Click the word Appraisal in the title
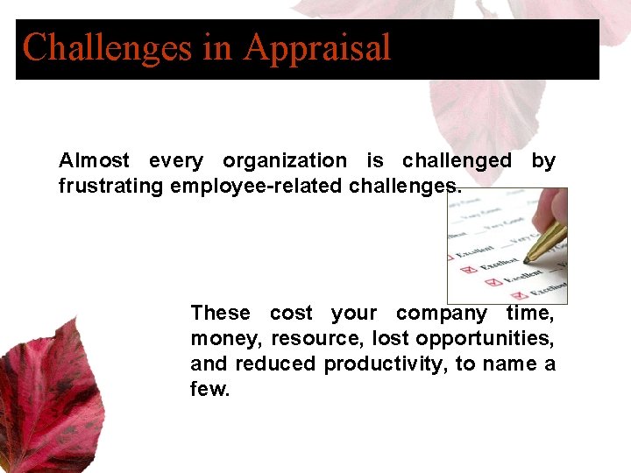[317, 47]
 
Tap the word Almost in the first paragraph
[94, 161]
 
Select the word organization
[285, 161]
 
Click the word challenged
[457, 161]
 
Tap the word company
[442, 314]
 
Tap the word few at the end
[210, 390]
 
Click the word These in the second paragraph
[220, 314]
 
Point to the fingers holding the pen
[554, 211]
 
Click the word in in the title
[217, 47]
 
